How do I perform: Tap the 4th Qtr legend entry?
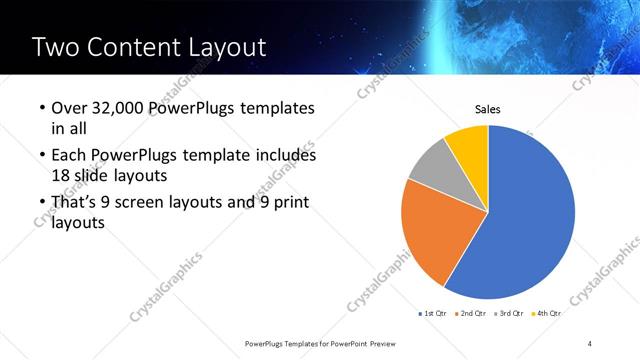pos(547,314)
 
